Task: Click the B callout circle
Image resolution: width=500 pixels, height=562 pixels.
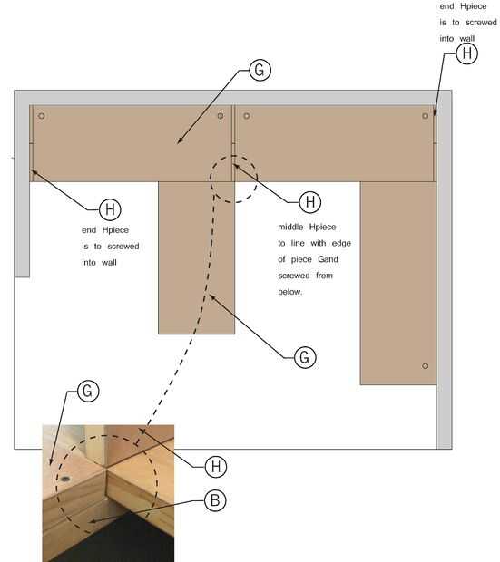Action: point(215,500)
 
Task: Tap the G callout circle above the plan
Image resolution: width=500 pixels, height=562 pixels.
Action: point(260,70)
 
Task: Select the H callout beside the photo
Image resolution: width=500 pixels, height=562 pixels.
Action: point(216,467)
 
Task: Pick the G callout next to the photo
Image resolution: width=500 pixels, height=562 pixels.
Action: point(88,391)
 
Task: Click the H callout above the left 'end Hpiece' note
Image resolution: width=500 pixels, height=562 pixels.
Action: point(110,209)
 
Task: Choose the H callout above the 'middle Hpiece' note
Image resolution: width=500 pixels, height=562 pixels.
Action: point(310,202)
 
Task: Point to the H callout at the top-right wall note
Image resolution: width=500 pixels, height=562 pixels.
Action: point(467,53)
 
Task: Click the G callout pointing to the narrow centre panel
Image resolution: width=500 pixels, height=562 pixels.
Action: point(305,357)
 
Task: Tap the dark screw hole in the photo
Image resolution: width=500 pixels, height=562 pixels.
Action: point(65,479)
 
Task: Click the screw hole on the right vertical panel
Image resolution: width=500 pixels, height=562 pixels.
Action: point(426,366)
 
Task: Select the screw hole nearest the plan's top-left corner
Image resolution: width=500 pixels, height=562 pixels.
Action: point(41,116)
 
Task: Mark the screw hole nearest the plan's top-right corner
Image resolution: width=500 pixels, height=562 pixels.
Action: point(426,116)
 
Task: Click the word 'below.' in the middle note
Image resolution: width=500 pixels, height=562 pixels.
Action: point(290,292)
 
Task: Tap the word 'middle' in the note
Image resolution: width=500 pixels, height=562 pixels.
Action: point(290,227)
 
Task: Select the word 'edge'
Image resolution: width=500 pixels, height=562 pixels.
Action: point(341,243)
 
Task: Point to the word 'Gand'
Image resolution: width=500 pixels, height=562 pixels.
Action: point(328,259)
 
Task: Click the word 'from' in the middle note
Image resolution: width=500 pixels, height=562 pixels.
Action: point(325,276)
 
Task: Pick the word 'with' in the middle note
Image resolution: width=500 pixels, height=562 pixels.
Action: point(319,243)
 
